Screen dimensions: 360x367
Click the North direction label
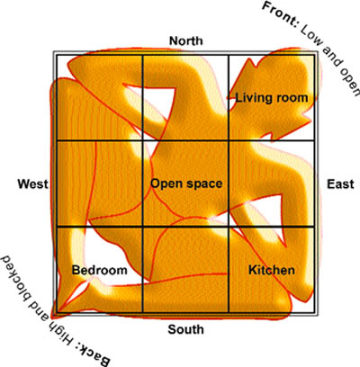[x=186, y=40]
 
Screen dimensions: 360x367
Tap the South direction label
[x=185, y=329]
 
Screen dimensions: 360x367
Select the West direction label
[x=32, y=183]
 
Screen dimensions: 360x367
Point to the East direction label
[x=340, y=183]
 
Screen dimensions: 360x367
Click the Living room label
[x=272, y=98]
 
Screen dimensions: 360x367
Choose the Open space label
[x=186, y=183]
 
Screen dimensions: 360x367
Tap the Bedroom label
[x=100, y=270]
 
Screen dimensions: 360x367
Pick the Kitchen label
[x=272, y=270]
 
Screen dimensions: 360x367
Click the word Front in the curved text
[x=279, y=13]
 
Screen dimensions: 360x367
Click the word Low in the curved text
[x=310, y=37]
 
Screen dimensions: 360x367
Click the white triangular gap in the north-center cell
[x=153, y=101]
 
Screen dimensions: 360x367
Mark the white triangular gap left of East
[x=264, y=214]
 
